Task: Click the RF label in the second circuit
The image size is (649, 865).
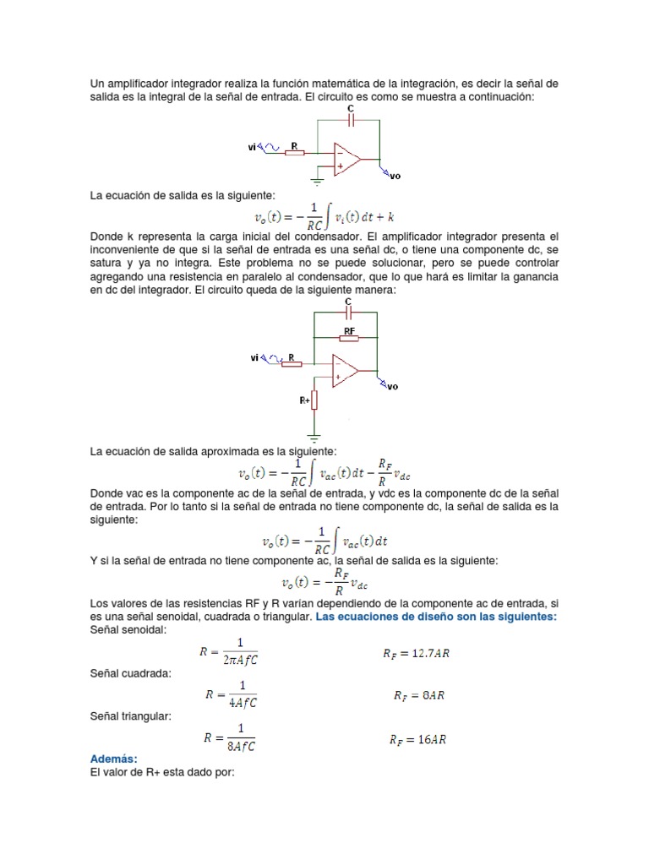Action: [347, 332]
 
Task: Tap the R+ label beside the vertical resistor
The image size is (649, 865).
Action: [304, 400]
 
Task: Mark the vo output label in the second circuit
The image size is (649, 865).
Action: [392, 387]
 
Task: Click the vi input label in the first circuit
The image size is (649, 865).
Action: [252, 147]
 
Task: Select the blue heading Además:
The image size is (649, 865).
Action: [113, 759]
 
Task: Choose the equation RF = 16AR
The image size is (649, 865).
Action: [418, 739]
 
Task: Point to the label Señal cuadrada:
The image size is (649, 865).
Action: [131, 673]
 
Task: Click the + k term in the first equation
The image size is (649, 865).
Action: [398, 217]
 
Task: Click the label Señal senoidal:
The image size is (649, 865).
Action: [129, 630]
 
